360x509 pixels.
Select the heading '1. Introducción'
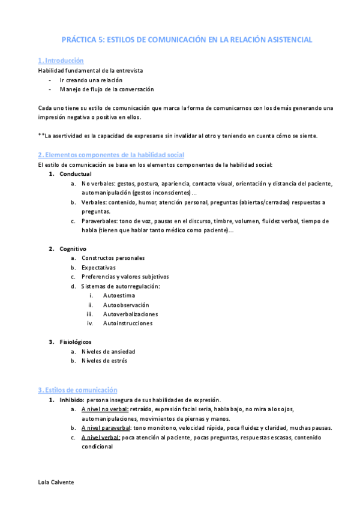(61, 61)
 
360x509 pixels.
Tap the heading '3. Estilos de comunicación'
(77, 390)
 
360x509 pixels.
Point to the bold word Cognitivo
(73, 248)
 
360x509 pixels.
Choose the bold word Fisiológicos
(76, 342)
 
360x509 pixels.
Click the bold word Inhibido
(72, 399)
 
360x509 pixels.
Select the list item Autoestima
(119, 295)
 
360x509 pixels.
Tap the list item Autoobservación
(126, 304)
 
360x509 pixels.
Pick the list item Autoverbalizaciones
(130, 314)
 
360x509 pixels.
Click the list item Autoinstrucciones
(127, 323)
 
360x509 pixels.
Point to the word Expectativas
(99, 267)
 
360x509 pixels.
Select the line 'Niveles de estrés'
(104, 361)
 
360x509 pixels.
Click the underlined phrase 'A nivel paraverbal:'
(106, 427)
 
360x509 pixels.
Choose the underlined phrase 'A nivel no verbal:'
(105, 409)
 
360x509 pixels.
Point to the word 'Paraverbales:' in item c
(100, 220)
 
